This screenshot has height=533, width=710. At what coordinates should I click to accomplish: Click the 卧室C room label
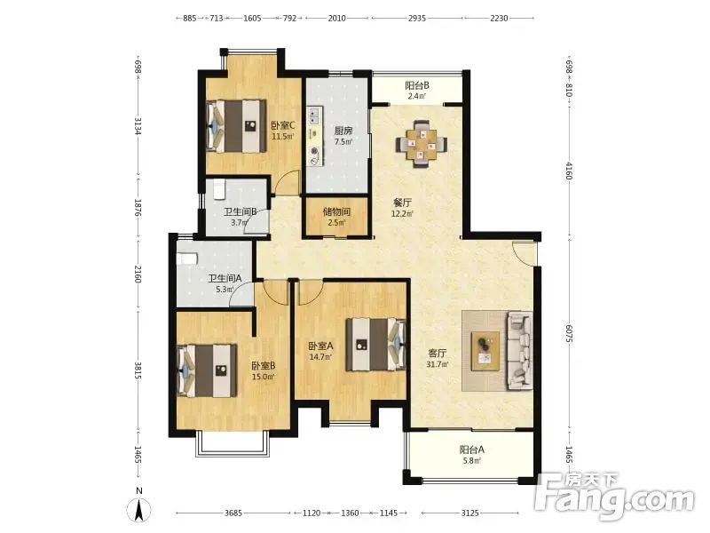283,125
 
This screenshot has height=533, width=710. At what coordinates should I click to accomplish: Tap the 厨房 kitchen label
343,131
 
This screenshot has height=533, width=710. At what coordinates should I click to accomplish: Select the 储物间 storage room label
337,211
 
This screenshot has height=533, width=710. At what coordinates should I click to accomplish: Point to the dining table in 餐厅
422,144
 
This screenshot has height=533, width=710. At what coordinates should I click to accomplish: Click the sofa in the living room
520,350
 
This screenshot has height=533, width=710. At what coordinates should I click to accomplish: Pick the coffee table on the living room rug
485,350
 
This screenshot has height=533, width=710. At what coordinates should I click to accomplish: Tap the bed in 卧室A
375,345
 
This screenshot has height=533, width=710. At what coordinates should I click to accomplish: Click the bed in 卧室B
207,370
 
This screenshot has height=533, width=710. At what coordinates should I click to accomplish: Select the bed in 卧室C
236,126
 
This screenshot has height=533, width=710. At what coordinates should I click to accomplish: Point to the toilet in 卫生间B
219,190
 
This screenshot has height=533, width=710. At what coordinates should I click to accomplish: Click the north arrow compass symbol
139,508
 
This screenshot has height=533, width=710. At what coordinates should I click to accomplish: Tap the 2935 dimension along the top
417,18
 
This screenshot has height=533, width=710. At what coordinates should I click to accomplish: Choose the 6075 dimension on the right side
570,332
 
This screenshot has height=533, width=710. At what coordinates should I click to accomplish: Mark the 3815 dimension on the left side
138,370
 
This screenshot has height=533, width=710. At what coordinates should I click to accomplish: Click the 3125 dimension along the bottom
469,513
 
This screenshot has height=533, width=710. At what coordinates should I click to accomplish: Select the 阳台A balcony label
472,449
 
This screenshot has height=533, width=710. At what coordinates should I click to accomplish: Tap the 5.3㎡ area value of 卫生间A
225,290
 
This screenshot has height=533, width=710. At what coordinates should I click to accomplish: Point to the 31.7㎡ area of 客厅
438,364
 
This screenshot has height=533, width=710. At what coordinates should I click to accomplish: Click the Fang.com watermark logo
615,496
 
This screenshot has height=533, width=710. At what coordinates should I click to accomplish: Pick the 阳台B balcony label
417,85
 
